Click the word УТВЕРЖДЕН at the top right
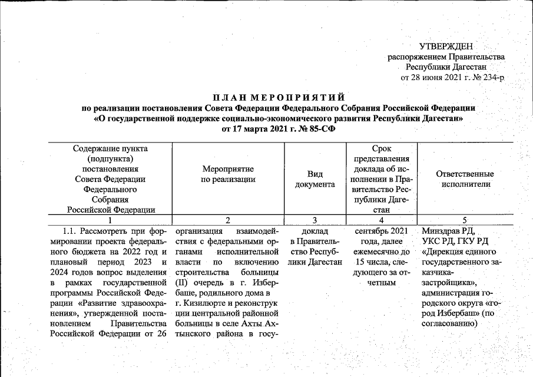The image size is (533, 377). [x=446, y=47]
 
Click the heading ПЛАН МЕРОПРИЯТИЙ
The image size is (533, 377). [x=278, y=97]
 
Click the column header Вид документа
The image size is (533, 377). [x=315, y=179]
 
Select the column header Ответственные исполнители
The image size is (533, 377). [x=464, y=179]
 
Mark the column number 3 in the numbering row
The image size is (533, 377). [x=315, y=220]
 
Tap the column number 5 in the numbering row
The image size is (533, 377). [x=464, y=220]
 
